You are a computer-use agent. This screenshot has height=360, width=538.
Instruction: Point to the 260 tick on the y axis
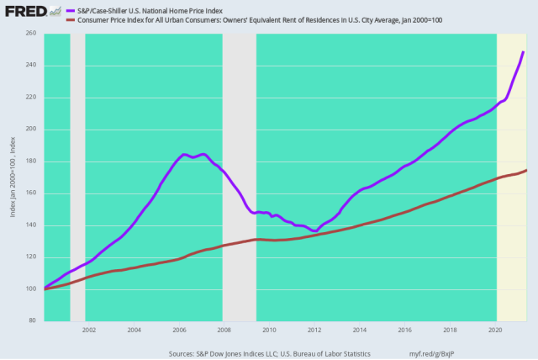pyautogui.click(x=32, y=34)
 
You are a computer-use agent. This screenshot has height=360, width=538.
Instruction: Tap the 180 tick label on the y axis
pyautogui.click(x=32, y=161)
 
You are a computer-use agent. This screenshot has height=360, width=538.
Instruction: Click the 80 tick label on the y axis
pyautogui.click(x=34, y=321)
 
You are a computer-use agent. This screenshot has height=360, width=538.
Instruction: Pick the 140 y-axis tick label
pyautogui.click(x=32, y=225)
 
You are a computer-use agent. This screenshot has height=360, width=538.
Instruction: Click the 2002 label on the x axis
pyautogui.click(x=88, y=330)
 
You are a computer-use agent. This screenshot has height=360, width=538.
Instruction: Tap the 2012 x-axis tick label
pyautogui.click(x=314, y=330)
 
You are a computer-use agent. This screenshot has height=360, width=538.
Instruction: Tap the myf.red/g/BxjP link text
pyautogui.click(x=444, y=353)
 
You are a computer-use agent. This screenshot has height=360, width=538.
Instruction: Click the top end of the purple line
pyautogui.click(x=523, y=52)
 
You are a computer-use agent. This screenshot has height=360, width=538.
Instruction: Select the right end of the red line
pyautogui.click(x=526, y=171)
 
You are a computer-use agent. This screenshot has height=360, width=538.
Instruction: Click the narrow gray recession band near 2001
pyautogui.click(x=77, y=177)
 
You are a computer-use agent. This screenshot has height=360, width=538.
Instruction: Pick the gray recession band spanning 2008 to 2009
pyautogui.click(x=239, y=177)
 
